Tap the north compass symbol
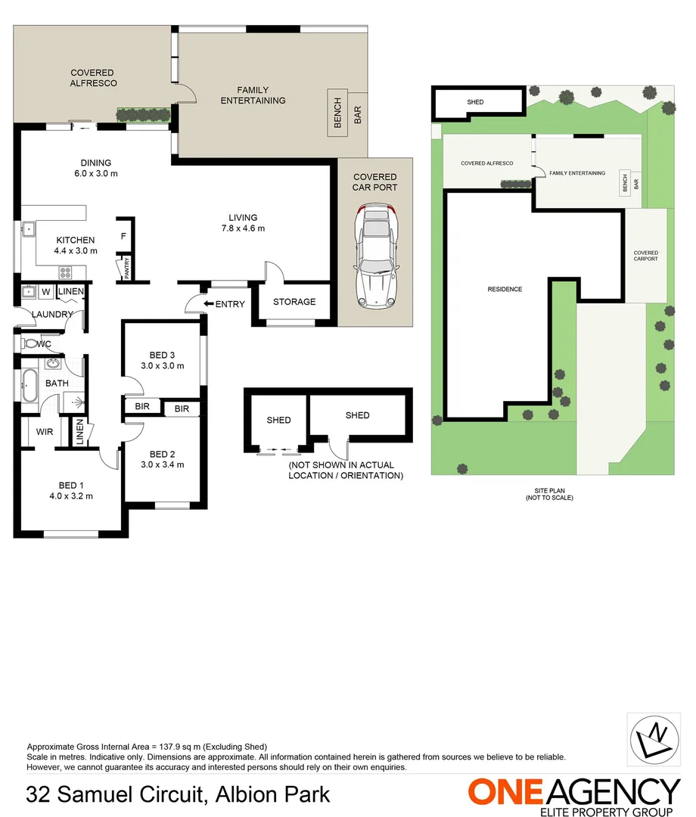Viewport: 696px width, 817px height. (x=654, y=738)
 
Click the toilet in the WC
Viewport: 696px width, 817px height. (x=30, y=343)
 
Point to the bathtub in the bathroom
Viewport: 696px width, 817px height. (x=30, y=384)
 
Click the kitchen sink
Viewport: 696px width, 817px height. (x=29, y=228)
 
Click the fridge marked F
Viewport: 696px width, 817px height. (x=123, y=236)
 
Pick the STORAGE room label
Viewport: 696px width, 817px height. (x=294, y=302)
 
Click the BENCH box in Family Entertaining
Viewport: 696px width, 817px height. (x=337, y=113)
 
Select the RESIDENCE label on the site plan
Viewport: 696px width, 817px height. (x=505, y=289)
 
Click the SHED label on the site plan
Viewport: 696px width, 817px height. (x=475, y=102)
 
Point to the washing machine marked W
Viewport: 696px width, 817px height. (x=45, y=291)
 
